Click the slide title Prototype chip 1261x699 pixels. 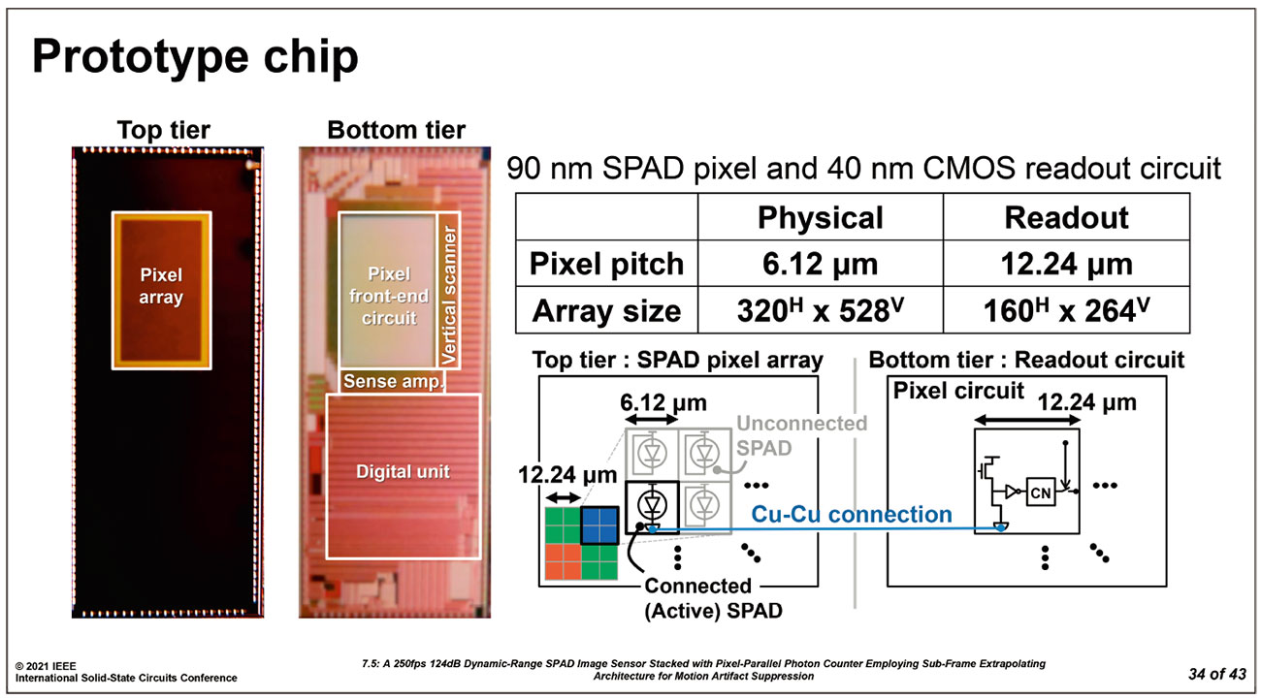point(195,58)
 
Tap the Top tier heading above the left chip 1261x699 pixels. point(163,130)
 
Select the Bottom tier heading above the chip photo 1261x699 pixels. point(396,130)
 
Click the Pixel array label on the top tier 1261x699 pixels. point(161,286)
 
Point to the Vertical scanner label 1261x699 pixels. point(448,297)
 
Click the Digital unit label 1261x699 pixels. point(403,472)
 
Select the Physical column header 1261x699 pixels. point(820,217)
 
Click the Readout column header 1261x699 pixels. point(1066,217)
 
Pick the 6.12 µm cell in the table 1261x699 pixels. point(820,264)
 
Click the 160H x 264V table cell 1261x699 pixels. point(1066,311)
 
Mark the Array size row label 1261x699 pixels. point(606,311)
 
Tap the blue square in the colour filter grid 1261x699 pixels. point(598,524)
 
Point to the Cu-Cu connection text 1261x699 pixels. point(853,514)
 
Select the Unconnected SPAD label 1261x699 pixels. point(801,434)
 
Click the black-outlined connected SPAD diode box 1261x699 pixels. point(653,504)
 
